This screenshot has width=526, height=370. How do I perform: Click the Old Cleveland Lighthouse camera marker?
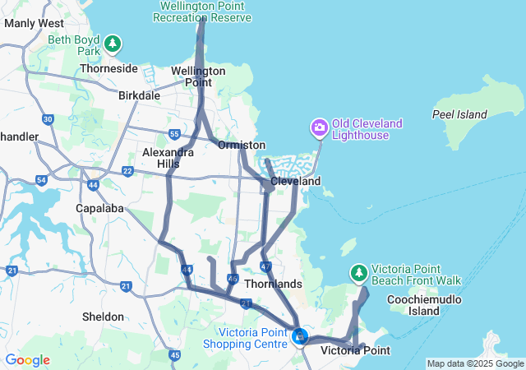pyautogui.click(x=319, y=128)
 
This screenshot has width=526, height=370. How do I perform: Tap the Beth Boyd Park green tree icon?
pyautogui.click(x=112, y=43)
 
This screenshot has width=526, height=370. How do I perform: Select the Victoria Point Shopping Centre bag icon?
pyautogui.click(x=301, y=336)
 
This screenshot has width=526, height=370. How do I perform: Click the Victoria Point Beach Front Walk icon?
pyautogui.click(x=358, y=272)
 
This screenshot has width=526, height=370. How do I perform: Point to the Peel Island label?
pyautogui.click(x=459, y=114)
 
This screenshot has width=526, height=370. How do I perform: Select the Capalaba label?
pyautogui.click(x=101, y=208)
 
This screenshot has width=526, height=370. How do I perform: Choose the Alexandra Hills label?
pyautogui.click(x=168, y=158)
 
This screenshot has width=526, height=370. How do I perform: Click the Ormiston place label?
pyautogui.click(x=242, y=145)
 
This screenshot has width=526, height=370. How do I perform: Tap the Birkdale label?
pyautogui.click(x=139, y=95)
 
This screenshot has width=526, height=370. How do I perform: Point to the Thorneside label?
pyautogui.click(x=108, y=69)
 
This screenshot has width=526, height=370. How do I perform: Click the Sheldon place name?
pyautogui.click(x=104, y=317)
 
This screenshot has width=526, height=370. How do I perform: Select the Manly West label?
pyautogui.click(x=34, y=24)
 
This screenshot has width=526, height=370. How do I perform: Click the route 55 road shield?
pyautogui.click(x=173, y=134)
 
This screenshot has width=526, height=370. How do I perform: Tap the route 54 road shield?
pyautogui.click(x=42, y=179)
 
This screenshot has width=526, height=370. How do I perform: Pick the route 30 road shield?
pyautogui.click(x=48, y=120)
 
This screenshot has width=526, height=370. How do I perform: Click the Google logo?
pyautogui.click(x=27, y=360)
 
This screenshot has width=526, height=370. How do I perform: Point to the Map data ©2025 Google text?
pyautogui.click(x=475, y=363)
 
